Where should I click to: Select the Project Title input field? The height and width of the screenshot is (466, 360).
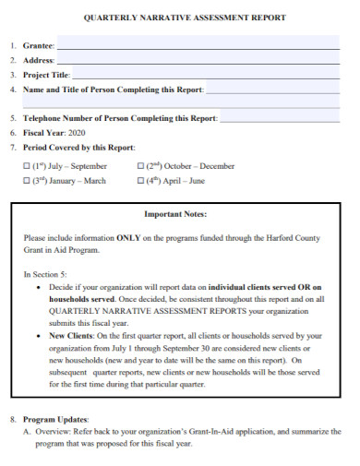click(204, 75)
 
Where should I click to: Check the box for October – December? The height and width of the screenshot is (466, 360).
click(139, 167)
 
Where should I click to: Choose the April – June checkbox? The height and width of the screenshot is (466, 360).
click(139, 182)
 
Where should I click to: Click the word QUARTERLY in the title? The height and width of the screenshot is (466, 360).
click(113, 18)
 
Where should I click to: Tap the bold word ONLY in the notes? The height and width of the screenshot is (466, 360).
click(127, 237)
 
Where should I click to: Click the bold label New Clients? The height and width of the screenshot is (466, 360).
click(72, 336)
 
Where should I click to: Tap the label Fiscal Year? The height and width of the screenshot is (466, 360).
click(43, 133)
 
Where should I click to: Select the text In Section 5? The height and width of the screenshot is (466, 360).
click(44, 274)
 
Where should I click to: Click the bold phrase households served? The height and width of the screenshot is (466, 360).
click(81, 299)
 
